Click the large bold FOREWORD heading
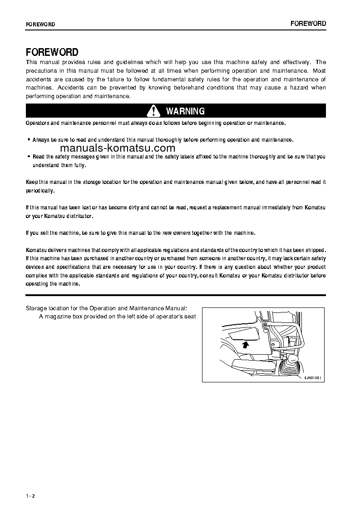[x=52, y=52]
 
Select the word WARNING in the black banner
[x=185, y=111]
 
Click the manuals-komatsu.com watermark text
[x=117, y=148]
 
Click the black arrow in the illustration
[x=245, y=345]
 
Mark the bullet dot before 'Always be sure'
[x=29, y=140]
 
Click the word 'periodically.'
[x=40, y=191]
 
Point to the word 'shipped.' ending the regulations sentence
[x=316, y=250]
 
